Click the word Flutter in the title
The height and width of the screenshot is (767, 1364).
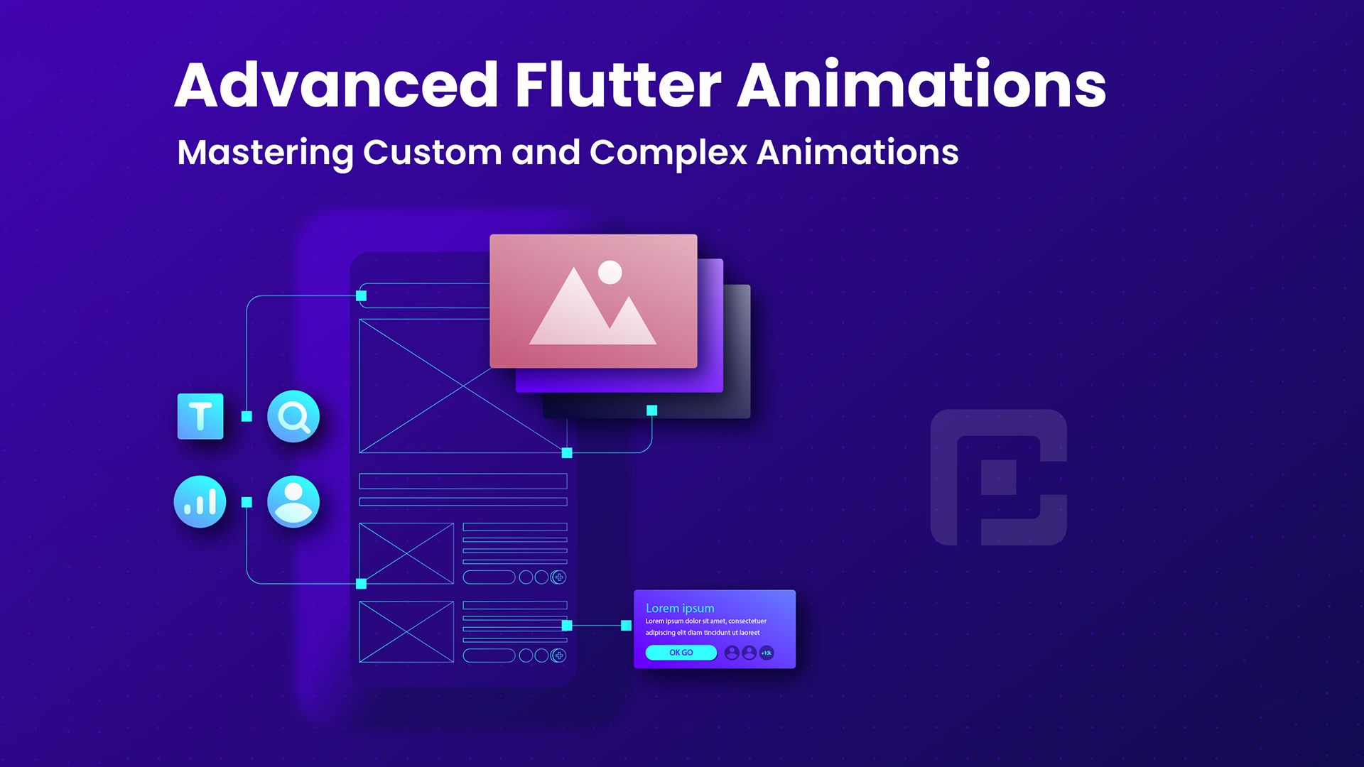click(618, 85)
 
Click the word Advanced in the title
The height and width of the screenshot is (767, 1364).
click(337, 85)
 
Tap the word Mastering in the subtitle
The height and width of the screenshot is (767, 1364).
click(265, 153)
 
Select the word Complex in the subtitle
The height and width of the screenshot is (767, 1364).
click(668, 153)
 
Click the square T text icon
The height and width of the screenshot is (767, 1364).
click(200, 416)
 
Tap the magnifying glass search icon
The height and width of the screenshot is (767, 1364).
click(293, 416)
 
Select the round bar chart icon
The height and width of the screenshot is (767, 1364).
click(200, 501)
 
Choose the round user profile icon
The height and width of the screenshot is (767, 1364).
click(293, 501)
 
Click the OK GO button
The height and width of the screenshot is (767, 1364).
click(681, 653)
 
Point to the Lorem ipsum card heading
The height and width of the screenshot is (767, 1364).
click(680, 608)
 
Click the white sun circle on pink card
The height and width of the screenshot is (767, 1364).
click(610, 272)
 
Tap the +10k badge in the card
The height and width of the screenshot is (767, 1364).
click(767, 653)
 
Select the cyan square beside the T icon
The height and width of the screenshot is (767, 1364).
click(247, 416)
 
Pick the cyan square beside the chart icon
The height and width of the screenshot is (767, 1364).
click(247, 502)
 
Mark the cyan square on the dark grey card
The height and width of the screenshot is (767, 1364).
click(652, 410)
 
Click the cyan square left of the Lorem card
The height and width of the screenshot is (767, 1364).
click(626, 626)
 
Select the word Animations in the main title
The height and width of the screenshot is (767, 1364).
click(921, 85)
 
